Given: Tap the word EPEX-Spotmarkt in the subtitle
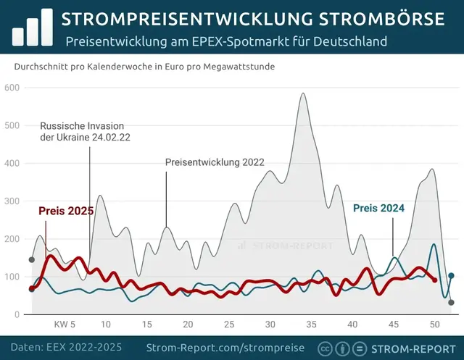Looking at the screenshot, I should point(239,42).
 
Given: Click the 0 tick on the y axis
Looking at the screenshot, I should point(17,314).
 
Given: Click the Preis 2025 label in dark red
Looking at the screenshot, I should point(66,211).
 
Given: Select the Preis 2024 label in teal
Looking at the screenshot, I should point(378,208).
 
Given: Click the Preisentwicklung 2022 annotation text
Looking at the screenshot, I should point(215,162).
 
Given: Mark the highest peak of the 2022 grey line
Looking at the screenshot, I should point(303,93).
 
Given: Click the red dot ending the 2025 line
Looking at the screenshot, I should point(435,280).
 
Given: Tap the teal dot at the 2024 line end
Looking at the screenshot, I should point(451,275).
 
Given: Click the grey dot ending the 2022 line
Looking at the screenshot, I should point(451,303).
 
